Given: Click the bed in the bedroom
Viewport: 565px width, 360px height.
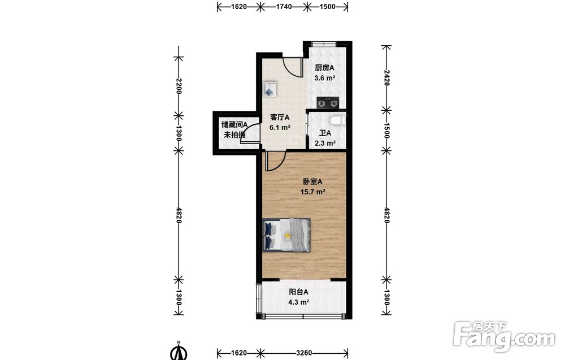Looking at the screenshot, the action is [286, 235].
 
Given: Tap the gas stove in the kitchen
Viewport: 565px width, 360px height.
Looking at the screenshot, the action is [328, 103].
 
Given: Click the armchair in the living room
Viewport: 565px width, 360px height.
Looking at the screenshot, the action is [270, 89].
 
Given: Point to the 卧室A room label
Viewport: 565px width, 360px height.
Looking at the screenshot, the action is [312, 182].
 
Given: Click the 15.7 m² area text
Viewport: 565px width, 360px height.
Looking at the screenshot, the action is [313, 192].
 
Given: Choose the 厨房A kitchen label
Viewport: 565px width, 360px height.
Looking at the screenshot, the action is [325, 68].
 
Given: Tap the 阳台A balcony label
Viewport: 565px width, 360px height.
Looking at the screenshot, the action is [299, 292].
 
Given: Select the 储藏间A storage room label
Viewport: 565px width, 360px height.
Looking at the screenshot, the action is [234, 125].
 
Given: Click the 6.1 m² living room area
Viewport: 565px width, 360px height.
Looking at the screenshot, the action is [280, 127].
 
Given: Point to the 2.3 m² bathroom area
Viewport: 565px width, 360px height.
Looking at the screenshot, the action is [325, 143].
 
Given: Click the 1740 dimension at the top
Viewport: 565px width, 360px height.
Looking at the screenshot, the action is [284, 6].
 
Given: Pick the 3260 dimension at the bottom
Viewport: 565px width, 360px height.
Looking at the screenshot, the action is [304, 353].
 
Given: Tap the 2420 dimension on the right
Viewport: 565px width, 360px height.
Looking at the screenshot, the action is [386, 77].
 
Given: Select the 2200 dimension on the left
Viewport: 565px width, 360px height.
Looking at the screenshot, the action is [179, 86].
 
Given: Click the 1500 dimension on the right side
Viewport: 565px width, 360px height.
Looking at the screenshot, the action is [386, 130].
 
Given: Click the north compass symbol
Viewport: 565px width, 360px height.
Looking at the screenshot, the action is [179, 351].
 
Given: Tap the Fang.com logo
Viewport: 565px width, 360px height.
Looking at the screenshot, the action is [504, 336].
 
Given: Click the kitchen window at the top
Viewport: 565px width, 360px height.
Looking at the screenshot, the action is [324, 44].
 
